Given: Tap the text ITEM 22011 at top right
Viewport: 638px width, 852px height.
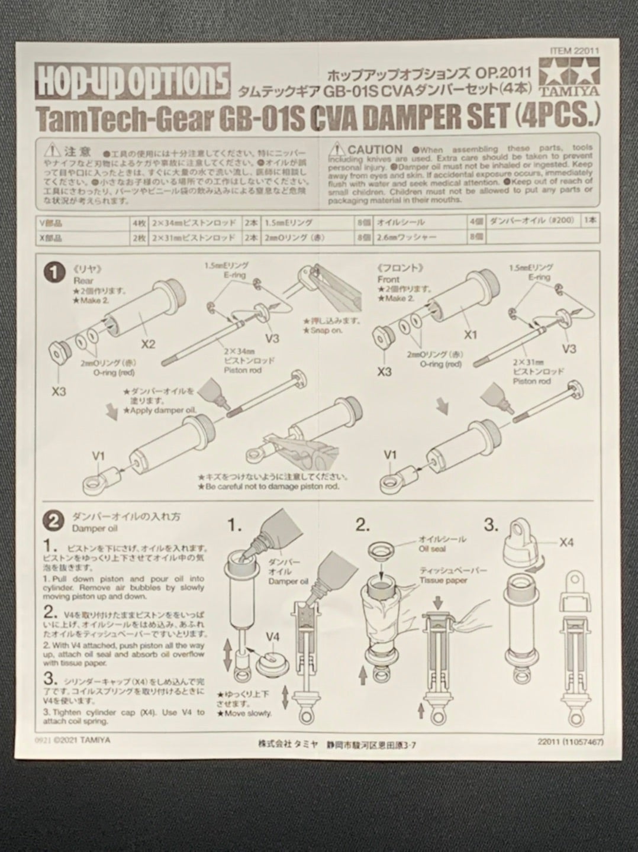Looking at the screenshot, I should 573,51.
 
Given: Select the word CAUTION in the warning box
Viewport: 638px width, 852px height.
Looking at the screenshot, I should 375,150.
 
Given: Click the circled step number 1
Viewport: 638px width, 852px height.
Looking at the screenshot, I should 54,273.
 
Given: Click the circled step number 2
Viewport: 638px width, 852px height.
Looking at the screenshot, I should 54,521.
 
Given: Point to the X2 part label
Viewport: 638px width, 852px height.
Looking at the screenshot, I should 149,343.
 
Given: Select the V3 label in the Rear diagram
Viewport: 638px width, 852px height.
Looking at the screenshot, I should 272,338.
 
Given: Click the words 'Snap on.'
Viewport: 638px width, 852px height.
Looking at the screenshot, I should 324,330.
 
